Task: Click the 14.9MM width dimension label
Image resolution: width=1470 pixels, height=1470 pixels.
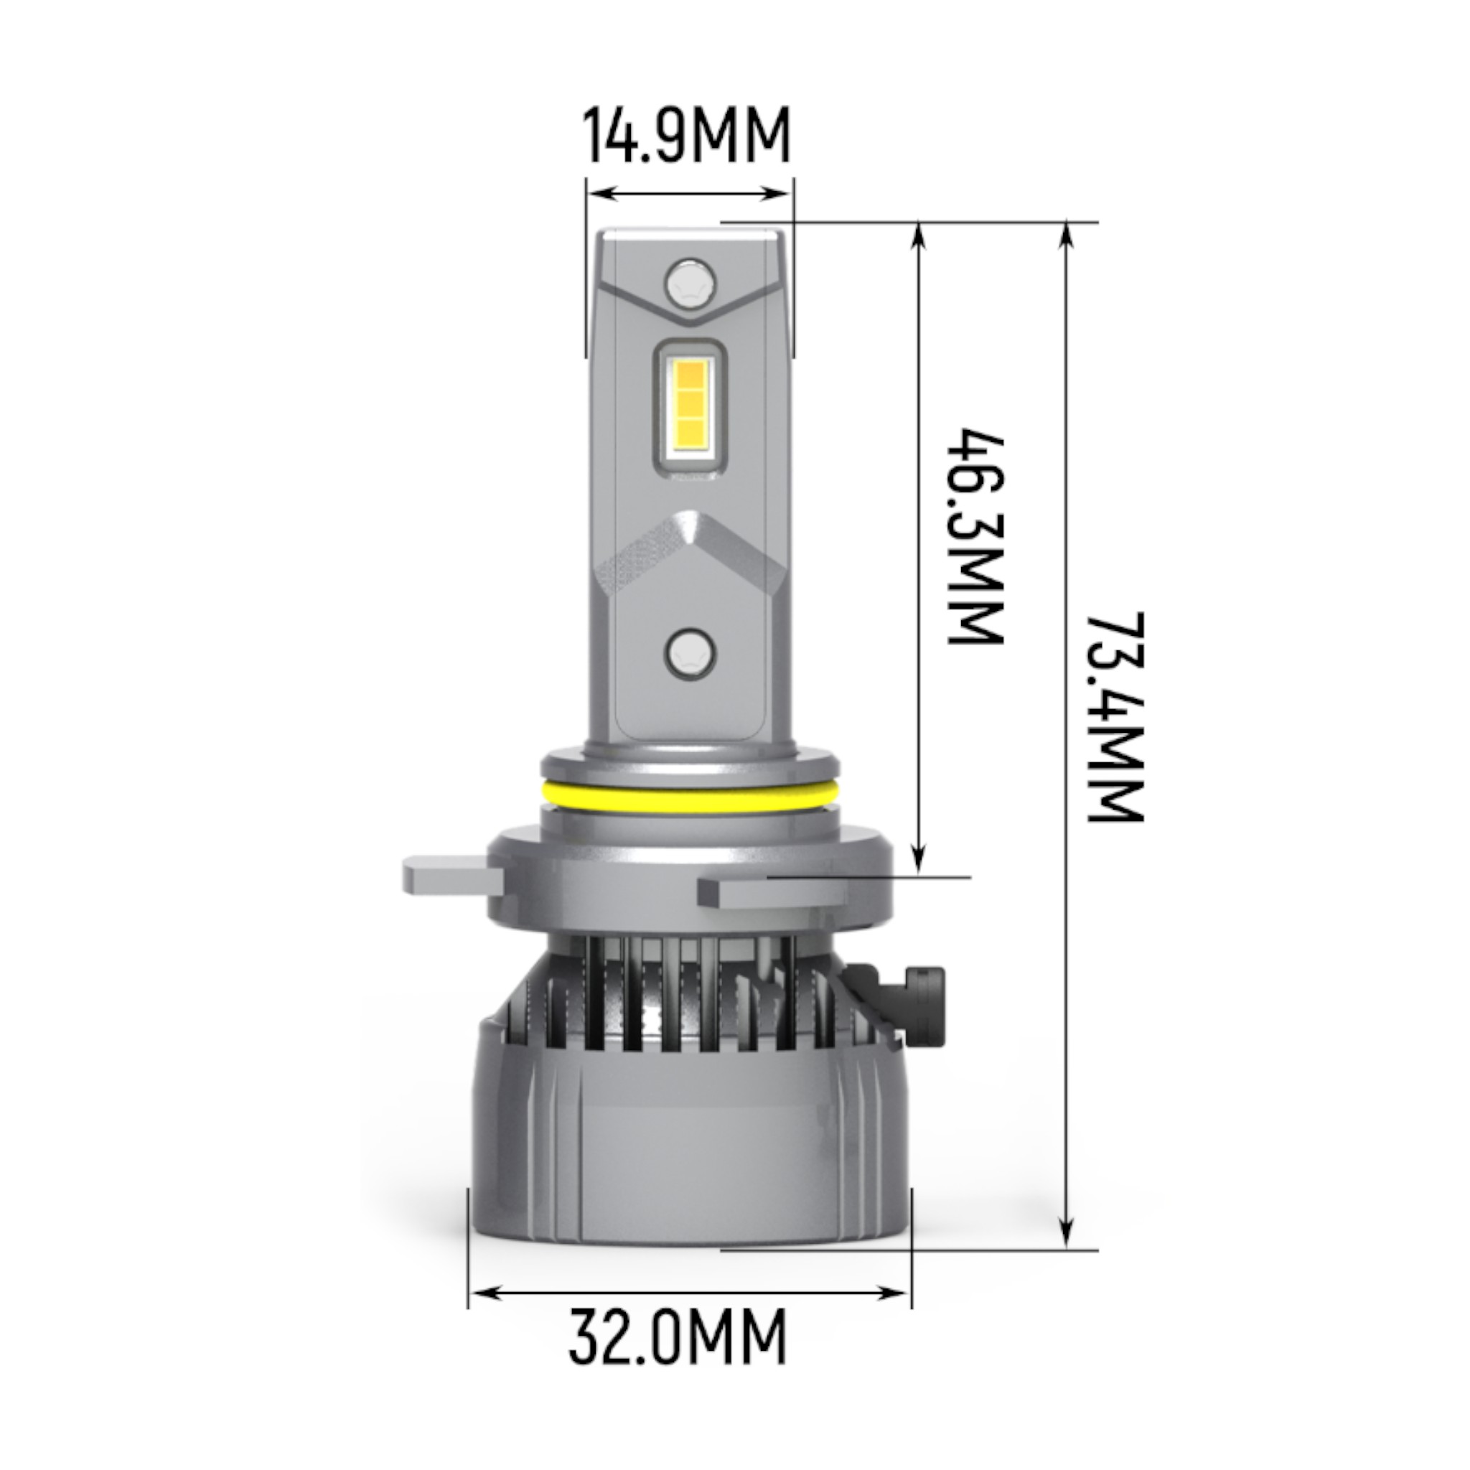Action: coord(687,136)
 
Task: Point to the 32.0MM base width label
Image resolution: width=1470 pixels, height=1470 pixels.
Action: coord(677,1336)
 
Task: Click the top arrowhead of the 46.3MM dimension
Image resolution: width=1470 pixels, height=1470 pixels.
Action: coord(920,233)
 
